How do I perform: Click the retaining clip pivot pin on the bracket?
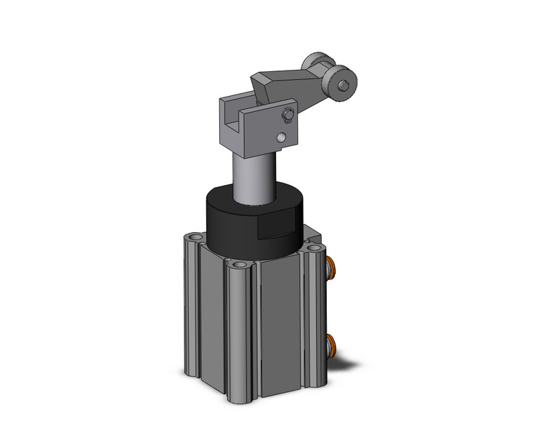point(288,114)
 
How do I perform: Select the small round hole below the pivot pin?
point(281,137)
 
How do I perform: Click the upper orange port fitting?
point(332,268)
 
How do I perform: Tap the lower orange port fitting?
point(332,345)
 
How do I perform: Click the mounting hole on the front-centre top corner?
point(238,264)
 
